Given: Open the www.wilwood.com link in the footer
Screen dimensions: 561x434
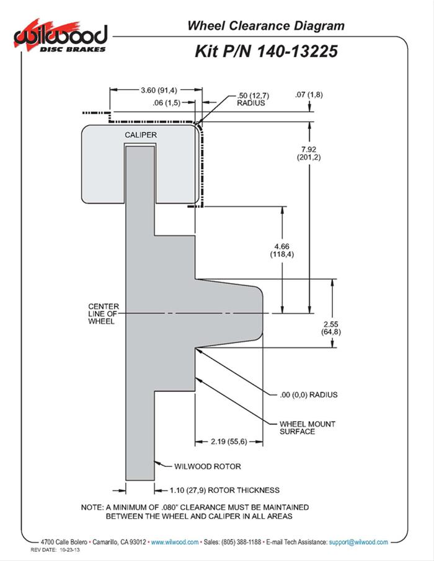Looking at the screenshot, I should (x=174, y=542).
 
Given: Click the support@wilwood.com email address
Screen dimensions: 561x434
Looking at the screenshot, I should (x=358, y=542).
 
